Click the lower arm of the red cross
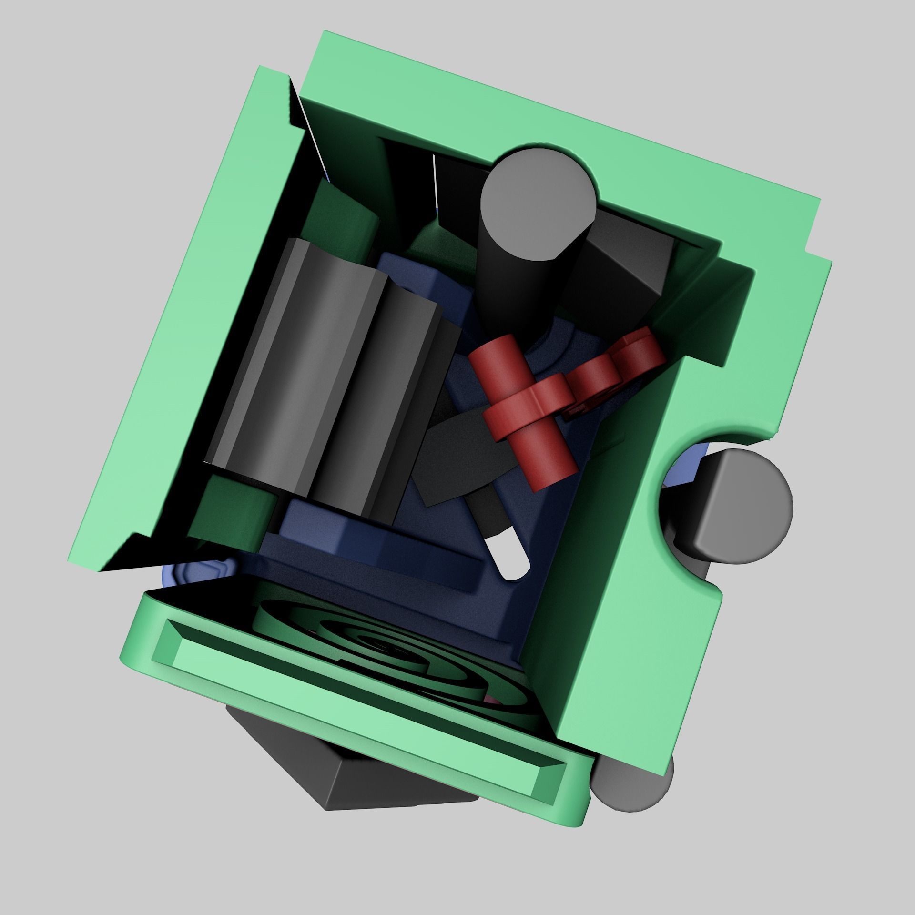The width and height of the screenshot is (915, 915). [x=553, y=457]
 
